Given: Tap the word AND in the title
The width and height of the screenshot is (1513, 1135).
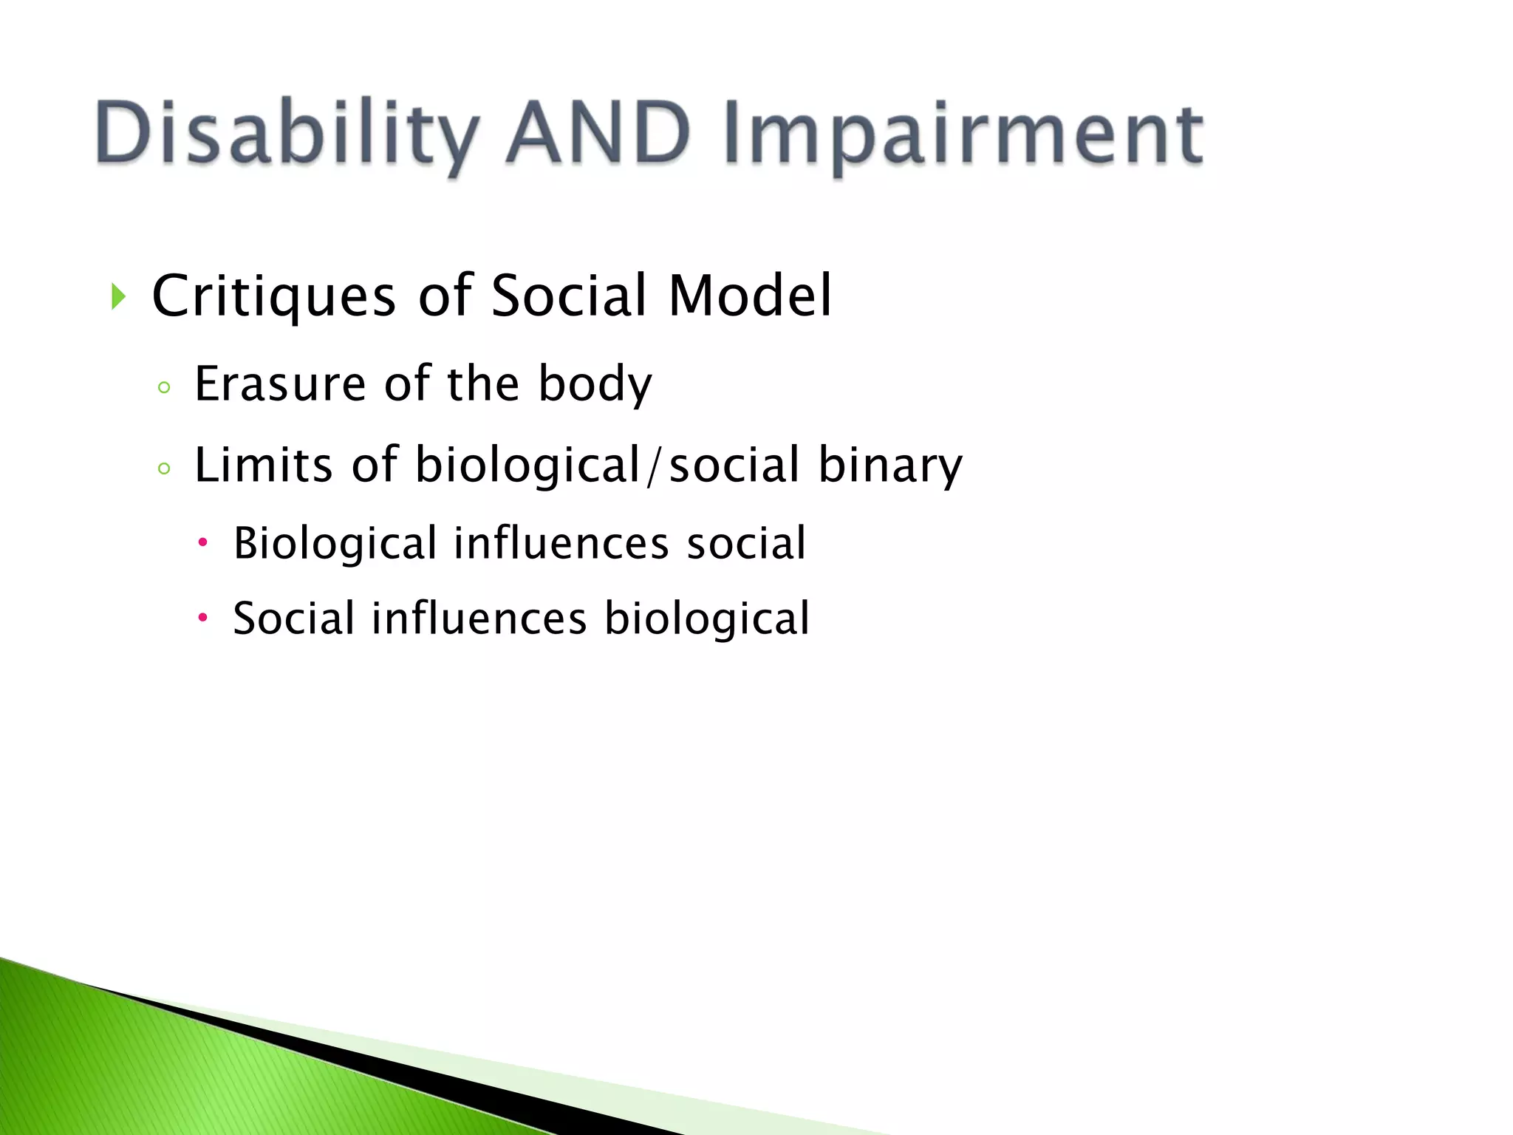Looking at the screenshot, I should coord(598,133).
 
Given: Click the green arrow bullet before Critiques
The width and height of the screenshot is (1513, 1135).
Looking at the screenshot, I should coord(118,297).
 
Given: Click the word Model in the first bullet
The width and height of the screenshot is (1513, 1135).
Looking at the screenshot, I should coord(749,296).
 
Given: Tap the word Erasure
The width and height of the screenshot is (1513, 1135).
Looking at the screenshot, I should coord(279,384).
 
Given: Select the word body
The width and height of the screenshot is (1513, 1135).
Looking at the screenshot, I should coord(595,384).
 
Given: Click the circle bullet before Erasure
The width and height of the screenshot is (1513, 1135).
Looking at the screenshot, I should coord(164,388).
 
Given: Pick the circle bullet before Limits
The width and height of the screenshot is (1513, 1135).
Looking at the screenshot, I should coord(164,468).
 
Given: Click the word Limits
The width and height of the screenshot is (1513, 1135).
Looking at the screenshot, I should coord(263,466).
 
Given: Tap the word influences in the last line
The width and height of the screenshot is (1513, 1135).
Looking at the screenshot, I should coord(479,618).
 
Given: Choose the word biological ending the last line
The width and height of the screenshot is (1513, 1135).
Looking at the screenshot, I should coord(707,618).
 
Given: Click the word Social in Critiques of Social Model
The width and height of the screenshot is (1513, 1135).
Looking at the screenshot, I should coord(568,296).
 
